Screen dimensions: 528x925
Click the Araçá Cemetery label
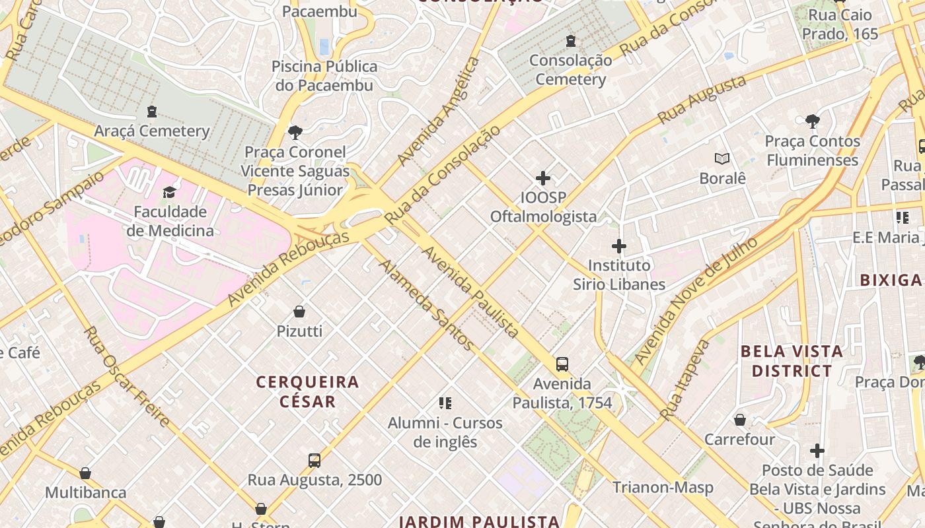point(151,131)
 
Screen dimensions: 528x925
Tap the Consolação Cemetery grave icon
point(570,42)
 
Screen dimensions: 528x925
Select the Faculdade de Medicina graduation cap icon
point(170,192)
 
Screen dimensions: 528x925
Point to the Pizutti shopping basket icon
point(299,312)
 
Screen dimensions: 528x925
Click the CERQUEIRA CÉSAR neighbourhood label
point(307,391)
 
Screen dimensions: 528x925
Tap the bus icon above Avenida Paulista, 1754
point(562,364)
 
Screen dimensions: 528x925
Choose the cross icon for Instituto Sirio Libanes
point(618,246)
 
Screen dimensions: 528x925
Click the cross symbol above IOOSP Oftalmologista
point(542,178)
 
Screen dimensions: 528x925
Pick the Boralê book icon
point(722,159)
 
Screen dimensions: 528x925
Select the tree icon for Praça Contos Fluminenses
point(812,121)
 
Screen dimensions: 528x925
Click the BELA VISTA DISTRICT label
point(792,361)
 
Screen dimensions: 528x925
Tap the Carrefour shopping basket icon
point(739,420)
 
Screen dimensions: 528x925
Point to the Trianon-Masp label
point(663,487)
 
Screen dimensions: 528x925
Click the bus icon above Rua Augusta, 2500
point(314,460)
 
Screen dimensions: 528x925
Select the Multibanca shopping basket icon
point(85,473)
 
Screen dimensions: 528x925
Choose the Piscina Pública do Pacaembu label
point(324,76)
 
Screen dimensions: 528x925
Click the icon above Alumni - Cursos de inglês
point(445,403)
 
